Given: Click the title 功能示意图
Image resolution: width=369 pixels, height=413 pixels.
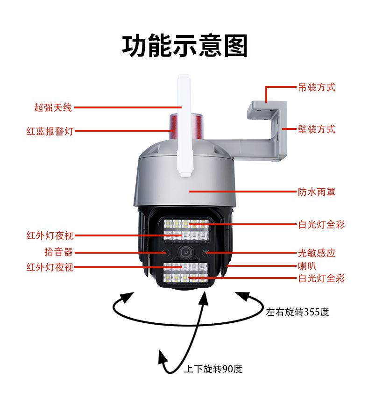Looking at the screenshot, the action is pos(184,45).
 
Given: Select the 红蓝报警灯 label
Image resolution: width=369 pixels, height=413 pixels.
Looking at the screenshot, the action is pos(50,131).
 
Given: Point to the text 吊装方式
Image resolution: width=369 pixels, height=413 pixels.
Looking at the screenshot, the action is pos(317,87).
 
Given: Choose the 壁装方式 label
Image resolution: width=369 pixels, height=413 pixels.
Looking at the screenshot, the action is pos(317,129).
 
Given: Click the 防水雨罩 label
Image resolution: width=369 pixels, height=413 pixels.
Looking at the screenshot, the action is pos(317,192).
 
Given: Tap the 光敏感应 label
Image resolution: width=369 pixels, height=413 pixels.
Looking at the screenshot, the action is pos(317,253).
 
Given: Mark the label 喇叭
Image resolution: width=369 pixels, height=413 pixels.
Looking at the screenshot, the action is pos(307,266).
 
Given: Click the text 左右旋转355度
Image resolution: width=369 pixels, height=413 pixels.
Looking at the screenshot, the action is pos(298,312).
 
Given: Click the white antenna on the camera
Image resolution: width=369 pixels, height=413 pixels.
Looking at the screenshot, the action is pos(184,126).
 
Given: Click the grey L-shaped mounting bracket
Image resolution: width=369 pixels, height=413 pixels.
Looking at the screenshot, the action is pos(266,131).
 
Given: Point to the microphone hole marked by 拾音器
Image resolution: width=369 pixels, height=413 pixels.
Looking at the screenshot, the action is pos(164,253).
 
